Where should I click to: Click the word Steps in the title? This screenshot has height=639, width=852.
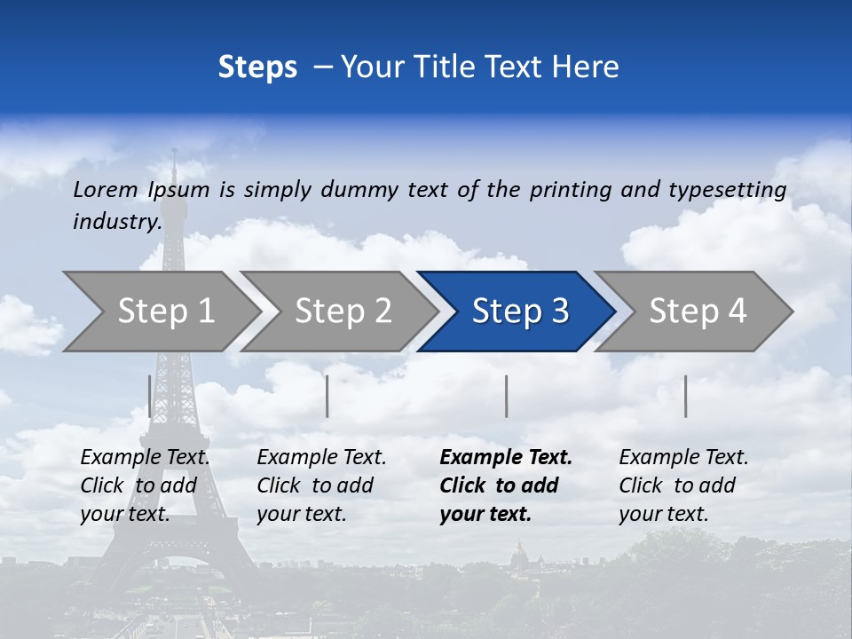tap(257, 67)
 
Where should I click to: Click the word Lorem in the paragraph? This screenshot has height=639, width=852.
tap(106, 189)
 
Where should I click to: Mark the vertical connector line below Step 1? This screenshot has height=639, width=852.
tap(150, 396)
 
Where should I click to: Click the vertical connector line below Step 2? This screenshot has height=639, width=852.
tap(327, 396)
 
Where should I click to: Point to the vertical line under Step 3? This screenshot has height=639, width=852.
tap(507, 396)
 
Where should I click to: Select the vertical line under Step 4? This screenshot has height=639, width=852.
tap(686, 396)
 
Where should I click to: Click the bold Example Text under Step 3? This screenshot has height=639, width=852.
tap(506, 458)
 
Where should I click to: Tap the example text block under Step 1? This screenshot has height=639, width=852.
tap(145, 485)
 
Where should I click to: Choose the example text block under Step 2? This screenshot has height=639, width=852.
tap(321, 485)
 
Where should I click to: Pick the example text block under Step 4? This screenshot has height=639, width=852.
tap(683, 485)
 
